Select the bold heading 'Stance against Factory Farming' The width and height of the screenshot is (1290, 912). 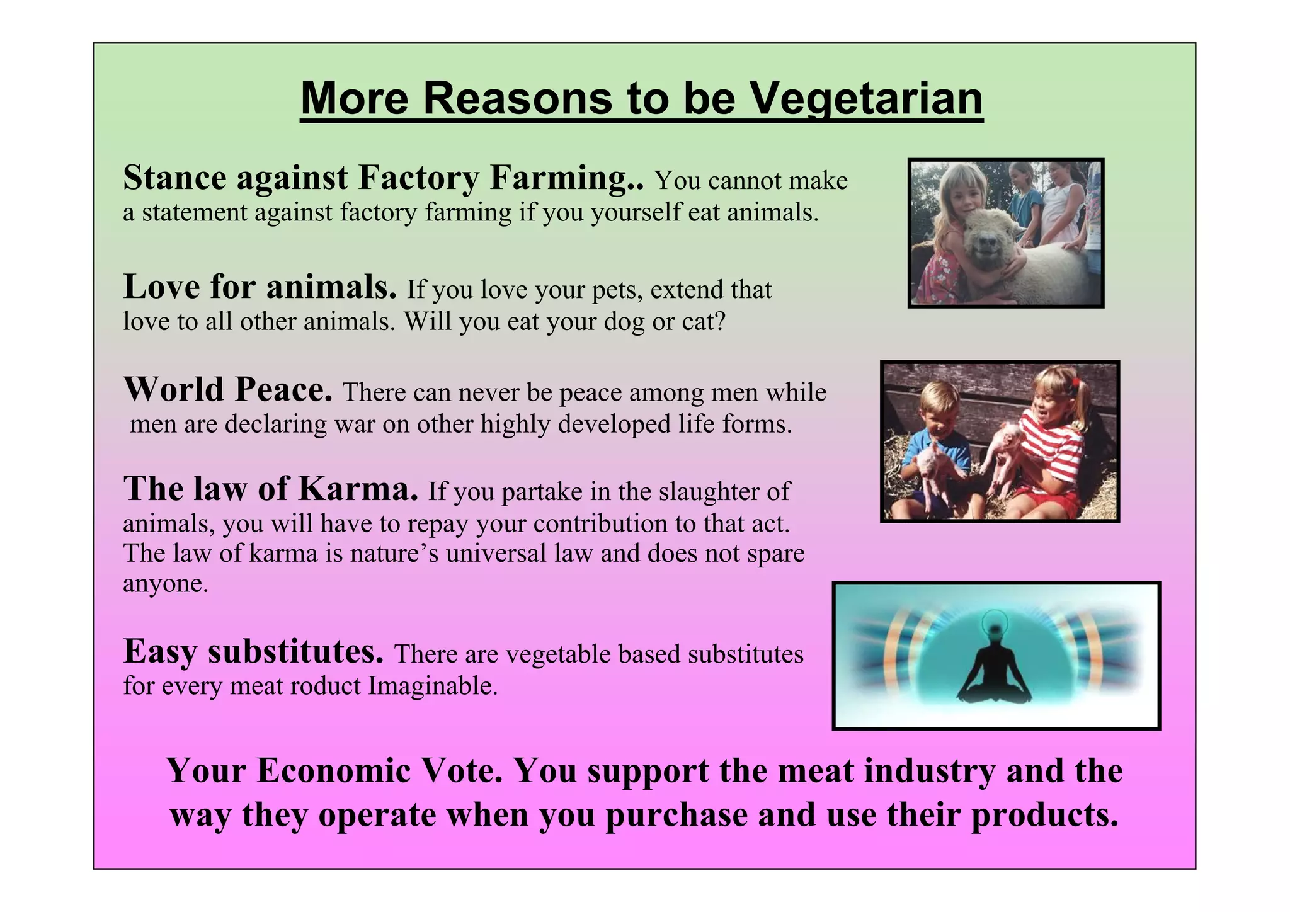383,178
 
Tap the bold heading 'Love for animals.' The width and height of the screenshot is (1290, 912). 260,287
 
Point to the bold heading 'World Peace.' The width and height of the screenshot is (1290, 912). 227,390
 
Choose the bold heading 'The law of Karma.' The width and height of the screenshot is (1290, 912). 271,489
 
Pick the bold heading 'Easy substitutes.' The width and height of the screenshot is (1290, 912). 253,652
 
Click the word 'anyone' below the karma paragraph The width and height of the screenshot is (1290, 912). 165,584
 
